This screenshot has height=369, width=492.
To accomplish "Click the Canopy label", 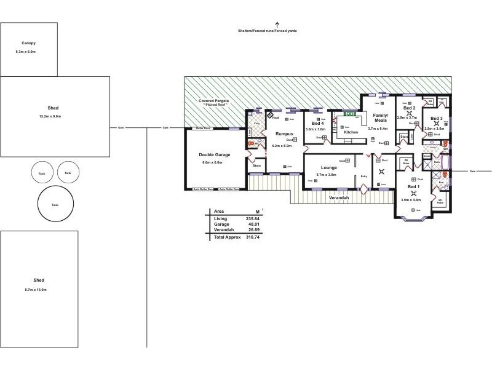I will click(x=28, y=43).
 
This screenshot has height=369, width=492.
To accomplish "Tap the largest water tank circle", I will click(x=55, y=204).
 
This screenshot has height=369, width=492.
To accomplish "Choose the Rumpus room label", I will click(x=284, y=133).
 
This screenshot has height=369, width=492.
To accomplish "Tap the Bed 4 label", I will click(x=318, y=124).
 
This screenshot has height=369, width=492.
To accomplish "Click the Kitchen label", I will click(x=351, y=132).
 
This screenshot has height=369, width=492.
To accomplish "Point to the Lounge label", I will click(x=328, y=167).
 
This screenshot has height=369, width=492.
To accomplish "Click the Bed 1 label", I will click(x=413, y=186).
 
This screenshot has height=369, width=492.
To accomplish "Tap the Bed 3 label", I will click(x=437, y=118).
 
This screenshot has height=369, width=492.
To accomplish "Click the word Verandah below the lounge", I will click(x=338, y=197).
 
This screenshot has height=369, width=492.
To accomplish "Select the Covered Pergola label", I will click(x=213, y=100).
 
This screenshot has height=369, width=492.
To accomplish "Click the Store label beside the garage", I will click(x=256, y=165).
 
